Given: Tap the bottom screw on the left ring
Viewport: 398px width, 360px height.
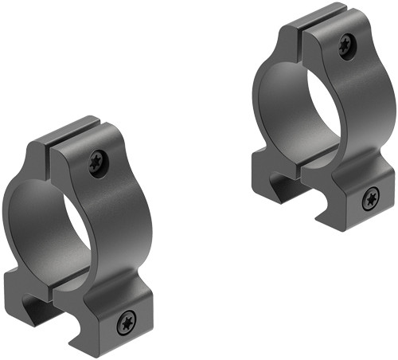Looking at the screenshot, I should (x=126, y=323).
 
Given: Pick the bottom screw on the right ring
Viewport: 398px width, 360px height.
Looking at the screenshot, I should (x=369, y=200).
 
